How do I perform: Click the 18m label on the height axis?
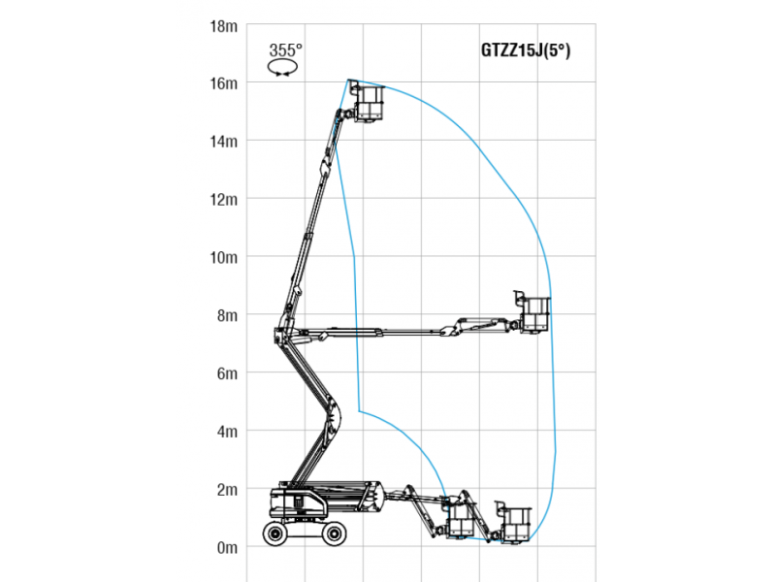[x=224, y=26]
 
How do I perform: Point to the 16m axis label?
[x=224, y=83]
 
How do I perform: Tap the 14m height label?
[x=224, y=142]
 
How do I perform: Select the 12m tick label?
[x=224, y=200]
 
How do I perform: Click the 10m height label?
[x=224, y=257]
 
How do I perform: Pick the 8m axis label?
[x=227, y=315]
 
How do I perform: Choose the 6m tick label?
[x=227, y=373]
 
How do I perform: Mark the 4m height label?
[x=227, y=431]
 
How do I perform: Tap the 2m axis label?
[x=227, y=490]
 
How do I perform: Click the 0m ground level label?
[x=227, y=547]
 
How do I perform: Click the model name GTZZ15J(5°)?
[x=526, y=50]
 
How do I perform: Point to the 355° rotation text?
[x=285, y=50]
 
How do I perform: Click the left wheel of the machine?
[x=275, y=533]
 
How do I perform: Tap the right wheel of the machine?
[x=334, y=533]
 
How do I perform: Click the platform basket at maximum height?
[x=369, y=103]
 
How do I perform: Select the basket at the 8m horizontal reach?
[x=534, y=313]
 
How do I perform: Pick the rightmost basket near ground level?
[x=515, y=524]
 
